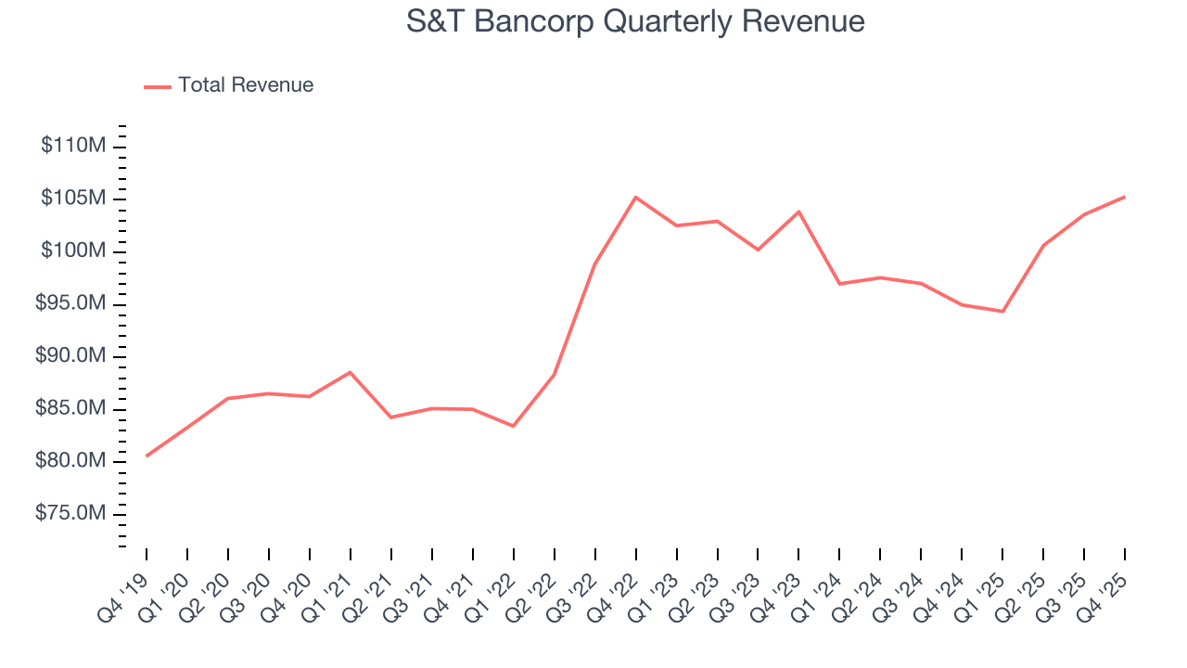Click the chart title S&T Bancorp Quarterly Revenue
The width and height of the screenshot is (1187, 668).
(x=635, y=21)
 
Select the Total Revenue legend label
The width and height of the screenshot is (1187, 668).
(x=246, y=85)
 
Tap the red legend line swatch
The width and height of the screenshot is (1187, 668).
(x=158, y=86)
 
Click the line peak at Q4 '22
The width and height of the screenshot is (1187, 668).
(x=635, y=197)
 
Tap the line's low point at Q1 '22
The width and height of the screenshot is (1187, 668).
(x=513, y=426)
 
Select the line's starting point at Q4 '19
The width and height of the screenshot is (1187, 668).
(x=147, y=456)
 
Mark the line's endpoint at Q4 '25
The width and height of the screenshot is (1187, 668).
(x=1125, y=197)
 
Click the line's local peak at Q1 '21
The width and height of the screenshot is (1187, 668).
(x=350, y=372)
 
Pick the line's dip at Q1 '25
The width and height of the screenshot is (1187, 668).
(x=1002, y=311)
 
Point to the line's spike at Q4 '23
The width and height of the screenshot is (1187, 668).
(x=798, y=212)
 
